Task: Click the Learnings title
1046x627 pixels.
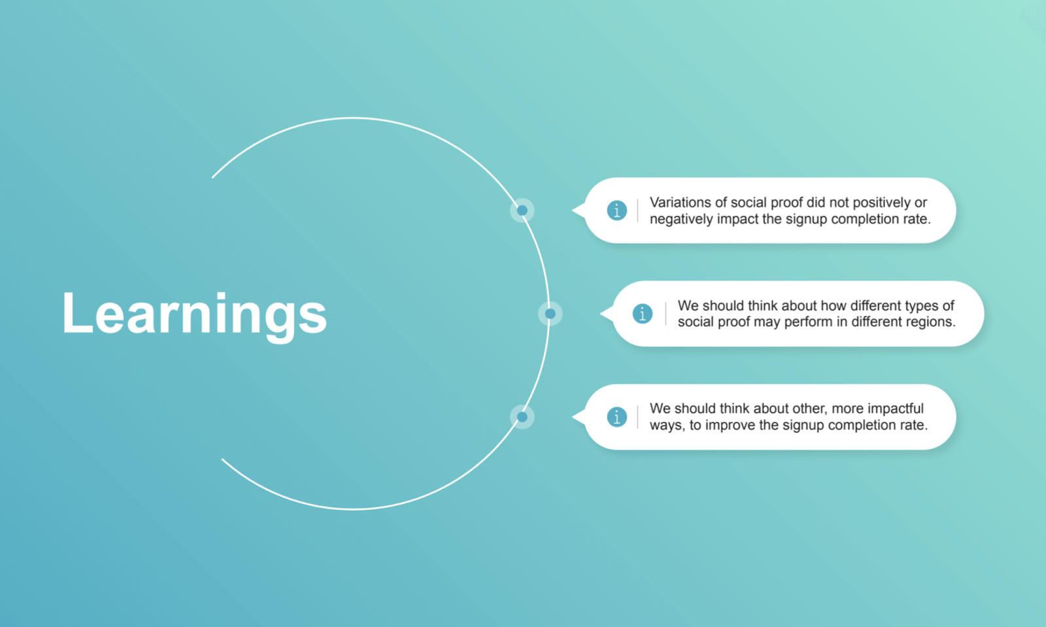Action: click(x=194, y=314)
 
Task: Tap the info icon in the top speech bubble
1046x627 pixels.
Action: click(x=616, y=211)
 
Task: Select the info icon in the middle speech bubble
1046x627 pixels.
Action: click(x=643, y=314)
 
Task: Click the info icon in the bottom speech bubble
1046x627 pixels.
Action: click(x=616, y=416)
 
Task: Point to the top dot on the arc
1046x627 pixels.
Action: click(x=522, y=211)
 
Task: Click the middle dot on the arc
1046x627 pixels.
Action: click(x=550, y=314)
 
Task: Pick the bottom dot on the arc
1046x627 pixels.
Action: click(x=522, y=416)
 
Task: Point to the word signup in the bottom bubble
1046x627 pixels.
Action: click(x=804, y=426)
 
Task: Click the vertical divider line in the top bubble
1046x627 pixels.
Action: click(x=637, y=211)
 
